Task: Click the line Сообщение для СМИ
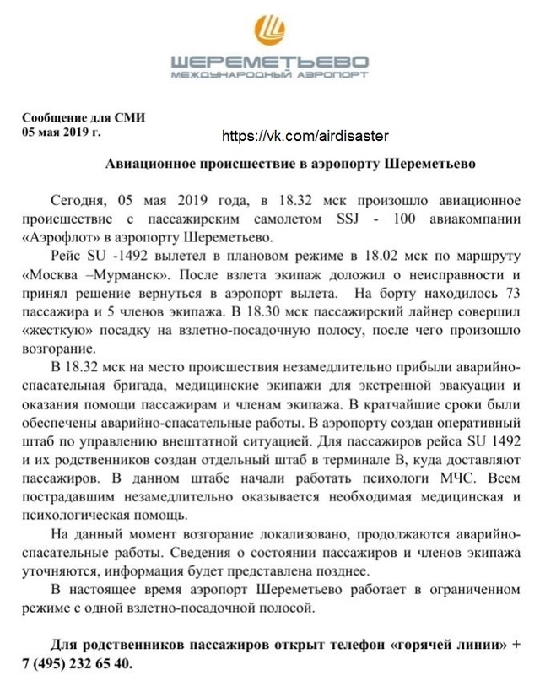point(84,118)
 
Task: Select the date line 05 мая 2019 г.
point(62,132)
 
